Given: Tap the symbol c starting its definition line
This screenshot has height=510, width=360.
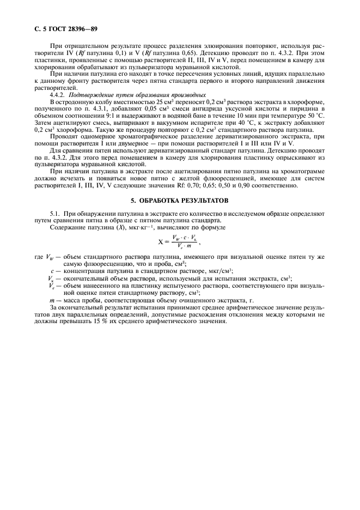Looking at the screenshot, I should pyautogui.click(x=52, y=271).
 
